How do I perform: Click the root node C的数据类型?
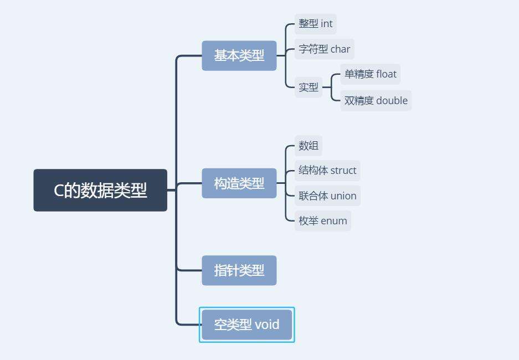100,190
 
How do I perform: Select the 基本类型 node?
239,55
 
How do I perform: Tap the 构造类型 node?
239,183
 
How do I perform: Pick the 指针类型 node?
239,270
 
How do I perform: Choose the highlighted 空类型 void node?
246,325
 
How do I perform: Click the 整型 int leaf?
316,24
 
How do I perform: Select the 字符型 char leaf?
325,49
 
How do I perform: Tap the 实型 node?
309,87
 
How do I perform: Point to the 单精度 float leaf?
370,74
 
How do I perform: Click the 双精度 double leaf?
376,100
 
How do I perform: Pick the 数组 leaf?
309,146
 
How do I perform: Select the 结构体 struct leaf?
327,170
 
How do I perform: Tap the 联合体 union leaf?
327,196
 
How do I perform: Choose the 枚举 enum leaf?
323,220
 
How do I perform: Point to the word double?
392,100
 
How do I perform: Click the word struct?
343,170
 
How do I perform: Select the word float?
386,74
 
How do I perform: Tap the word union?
343,196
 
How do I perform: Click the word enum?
334,220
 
